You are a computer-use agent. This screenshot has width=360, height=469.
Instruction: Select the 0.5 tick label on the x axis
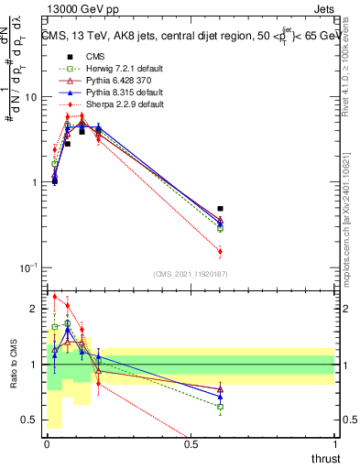coord(191,444)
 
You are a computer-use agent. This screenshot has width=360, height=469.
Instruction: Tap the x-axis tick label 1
coord(334,444)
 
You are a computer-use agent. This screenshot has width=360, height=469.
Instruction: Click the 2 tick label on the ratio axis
coord(36,309)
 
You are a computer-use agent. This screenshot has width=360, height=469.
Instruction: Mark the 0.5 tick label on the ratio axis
coord(31,420)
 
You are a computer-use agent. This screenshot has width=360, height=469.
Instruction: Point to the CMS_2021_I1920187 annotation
coord(191,274)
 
